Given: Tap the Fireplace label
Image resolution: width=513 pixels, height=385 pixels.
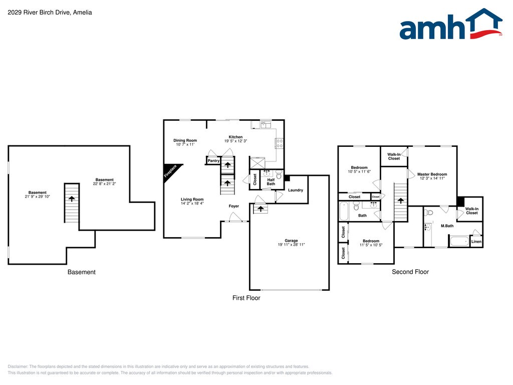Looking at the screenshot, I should tap(170, 171).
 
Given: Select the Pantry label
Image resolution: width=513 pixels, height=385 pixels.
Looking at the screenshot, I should tap(214, 161).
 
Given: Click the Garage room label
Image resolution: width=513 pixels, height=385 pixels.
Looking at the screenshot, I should tap(291, 240).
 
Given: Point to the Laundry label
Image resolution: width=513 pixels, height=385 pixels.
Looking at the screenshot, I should tap(296, 190).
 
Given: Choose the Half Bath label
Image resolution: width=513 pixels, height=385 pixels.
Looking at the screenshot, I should tap(271, 181).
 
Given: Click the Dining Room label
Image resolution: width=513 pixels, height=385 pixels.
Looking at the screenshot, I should tap(185, 140).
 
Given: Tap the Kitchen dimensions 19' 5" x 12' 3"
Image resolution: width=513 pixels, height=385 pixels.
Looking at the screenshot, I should tap(235, 141).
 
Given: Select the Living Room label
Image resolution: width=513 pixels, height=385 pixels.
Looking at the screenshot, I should tap(192, 200).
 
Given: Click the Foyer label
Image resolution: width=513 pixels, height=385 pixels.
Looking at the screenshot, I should tap(234, 206).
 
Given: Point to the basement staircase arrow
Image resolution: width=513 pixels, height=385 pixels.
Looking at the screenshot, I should tap(72, 199).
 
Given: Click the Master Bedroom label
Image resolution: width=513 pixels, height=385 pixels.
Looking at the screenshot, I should tap(431, 174).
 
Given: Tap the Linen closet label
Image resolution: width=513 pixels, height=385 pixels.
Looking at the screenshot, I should tap(476, 242).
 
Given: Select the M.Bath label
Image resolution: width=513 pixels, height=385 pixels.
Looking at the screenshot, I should tap(447, 226).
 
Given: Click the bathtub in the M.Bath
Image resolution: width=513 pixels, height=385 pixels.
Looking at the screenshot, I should tap(459, 242).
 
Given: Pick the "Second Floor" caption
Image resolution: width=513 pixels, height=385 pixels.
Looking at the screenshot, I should tap(410, 272).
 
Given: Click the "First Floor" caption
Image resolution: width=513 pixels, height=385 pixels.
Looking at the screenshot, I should tap(246, 298).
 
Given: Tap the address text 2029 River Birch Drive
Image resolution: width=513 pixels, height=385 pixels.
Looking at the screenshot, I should tap(50, 13).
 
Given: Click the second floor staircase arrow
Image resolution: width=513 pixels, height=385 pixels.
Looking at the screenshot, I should tap(400, 200).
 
